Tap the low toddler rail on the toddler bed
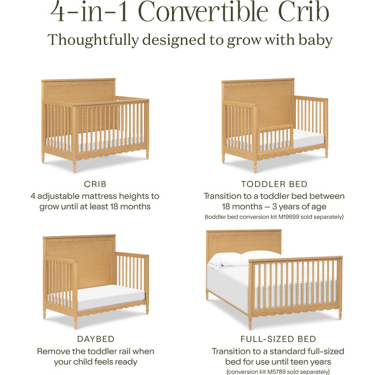point(271,138)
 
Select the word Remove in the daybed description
point(55,351)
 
